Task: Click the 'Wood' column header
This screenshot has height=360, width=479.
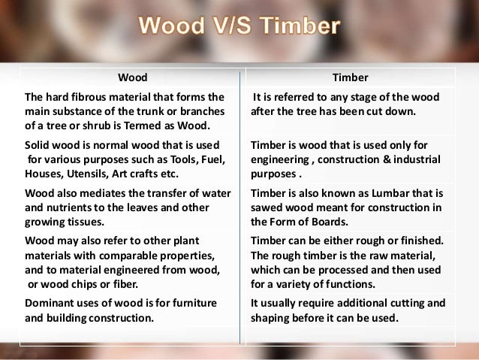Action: point(132,77)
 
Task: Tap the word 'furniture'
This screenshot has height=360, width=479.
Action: point(194,304)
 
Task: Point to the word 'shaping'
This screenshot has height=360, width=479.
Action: point(271,317)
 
